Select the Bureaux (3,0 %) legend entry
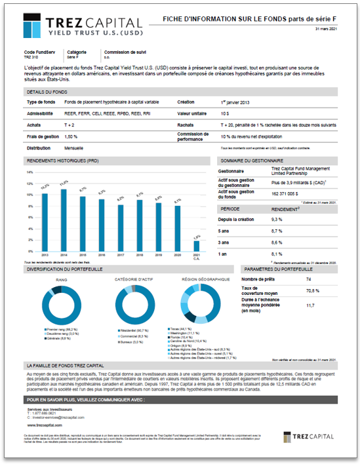click(129, 341)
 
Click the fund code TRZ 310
click(31, 57)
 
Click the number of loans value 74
click(308, 280)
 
